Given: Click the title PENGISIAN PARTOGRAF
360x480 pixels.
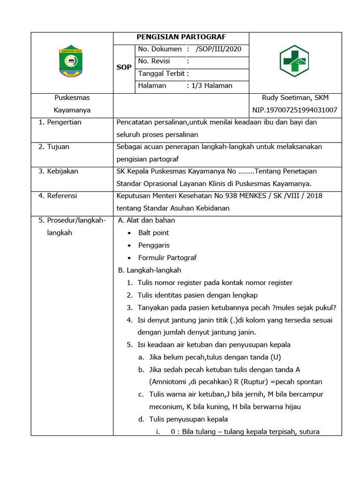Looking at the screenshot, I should coord(180,37).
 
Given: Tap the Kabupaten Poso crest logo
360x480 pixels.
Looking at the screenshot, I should coord(72,62).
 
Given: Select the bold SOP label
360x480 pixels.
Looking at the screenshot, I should coord(124,67).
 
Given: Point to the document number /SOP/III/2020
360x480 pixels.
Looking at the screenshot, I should coord(218,49).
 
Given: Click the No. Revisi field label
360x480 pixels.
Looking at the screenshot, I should coord(154,61).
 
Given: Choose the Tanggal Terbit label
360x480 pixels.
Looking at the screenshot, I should coord(161,74).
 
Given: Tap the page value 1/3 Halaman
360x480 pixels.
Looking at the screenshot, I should coord(212,86).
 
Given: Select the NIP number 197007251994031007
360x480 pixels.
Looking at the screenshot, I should coord(294,110).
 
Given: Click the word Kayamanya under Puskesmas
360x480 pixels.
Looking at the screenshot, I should coord(72,110).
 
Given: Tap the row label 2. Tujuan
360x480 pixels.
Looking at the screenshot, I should coord(54,147).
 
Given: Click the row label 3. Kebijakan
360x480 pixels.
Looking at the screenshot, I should coord(58,171).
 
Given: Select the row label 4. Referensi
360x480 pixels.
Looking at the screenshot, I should coord(58,196).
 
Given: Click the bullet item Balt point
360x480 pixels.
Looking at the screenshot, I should coord(153,233).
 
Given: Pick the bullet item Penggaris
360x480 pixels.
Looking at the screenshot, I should coord(154,245).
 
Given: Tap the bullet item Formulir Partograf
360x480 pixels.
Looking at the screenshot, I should coord(167,258).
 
